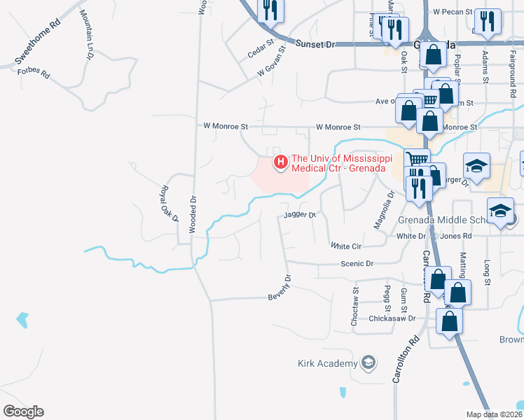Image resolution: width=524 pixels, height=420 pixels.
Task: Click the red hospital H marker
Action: [x=281, y=162]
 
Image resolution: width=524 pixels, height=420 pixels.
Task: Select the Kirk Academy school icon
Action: [x=368, y=363]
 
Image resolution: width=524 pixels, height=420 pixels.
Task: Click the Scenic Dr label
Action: [x=357, y=264]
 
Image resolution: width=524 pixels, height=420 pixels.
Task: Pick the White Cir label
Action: [x=346, y=246]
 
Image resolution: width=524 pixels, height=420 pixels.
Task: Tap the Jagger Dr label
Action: [x=301, y=216]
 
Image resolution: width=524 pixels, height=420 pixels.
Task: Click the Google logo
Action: [x=23, y=412]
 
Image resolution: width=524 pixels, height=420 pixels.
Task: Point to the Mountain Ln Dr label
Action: [x=88, y=34]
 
